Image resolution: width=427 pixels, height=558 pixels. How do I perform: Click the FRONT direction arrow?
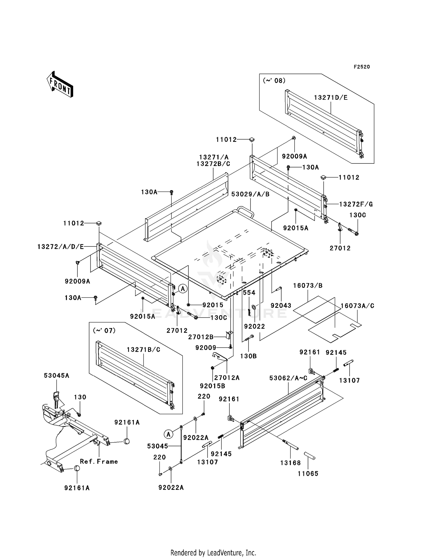tap(60, 84)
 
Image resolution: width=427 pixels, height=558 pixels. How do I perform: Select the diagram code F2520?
tap(362, 67)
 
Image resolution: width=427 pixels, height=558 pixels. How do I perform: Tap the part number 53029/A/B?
tap(250, 194)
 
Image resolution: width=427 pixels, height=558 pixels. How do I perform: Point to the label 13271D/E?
tap(331, 98)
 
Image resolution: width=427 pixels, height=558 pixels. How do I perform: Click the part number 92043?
tap(281, 305)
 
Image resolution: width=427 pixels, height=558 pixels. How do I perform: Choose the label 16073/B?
tap(308, 286)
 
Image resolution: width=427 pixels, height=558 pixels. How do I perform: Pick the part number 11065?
tap(308, 474)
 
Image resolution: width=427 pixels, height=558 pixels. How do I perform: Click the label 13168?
tap(290, 463)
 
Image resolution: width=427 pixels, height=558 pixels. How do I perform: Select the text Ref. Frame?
tap(99, 461)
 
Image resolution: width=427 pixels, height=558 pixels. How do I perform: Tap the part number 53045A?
tap(56, 376)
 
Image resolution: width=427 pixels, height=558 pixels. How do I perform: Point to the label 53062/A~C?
tap(288, 378)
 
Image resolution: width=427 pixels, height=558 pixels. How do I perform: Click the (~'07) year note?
tap(104, 330)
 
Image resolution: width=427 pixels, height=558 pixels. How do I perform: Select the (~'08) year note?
tap(274, 81)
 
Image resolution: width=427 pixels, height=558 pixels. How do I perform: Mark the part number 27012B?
tap(201, 337)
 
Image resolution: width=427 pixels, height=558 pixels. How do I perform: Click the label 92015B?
tap(212, 386)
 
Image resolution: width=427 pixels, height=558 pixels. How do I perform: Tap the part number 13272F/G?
tap(356, 204)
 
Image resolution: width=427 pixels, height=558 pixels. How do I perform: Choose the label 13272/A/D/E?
tap(61, 246)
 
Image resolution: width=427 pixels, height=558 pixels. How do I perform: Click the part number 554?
tap(249, 293)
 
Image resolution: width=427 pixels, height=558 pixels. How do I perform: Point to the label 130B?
tap(249, 356)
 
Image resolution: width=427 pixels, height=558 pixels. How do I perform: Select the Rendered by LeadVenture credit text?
tap(213, 553)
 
